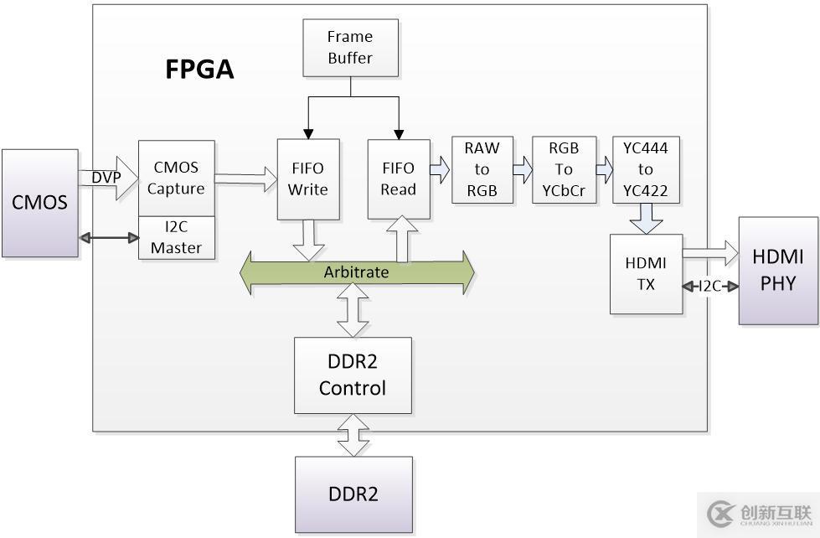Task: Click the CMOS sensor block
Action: point(39,203)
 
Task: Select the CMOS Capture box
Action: point(176,178)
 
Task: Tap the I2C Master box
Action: point(176,238)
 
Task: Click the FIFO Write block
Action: point(308,178)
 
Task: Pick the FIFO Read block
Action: point(398,178)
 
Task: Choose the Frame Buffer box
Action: point(350,48)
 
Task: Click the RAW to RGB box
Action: point(482,169)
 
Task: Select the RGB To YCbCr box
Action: point(564,169)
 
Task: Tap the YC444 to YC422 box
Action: point(646,169)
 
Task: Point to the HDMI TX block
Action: point(646,274)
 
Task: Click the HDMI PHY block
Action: point(778,270)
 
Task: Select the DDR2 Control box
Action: point(353,375)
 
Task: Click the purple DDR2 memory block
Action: point(353,494)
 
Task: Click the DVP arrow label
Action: point(106,178)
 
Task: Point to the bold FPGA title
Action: point(199,70)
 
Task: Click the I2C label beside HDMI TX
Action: point(710,287)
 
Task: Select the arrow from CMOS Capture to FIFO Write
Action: point(245,178)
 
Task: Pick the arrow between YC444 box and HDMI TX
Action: point(646,220)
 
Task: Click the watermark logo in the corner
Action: point(757,512)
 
